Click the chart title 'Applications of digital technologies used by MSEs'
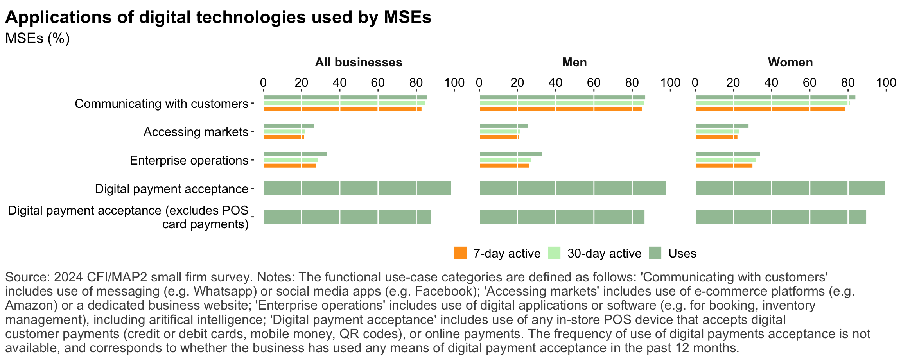(x=218, y=17)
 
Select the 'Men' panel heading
(x=574, y=63)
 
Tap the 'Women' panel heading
(x=790, y=63)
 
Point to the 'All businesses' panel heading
(x=359, y=63)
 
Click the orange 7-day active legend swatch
(x=460, y=253)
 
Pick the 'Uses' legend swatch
(x=655, y=253)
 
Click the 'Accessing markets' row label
(x=196, y=132)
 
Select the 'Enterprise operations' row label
(x=189, y=161)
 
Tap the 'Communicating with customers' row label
(x=162, y=104)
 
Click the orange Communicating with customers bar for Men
(x=560, y=109)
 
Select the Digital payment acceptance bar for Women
(x=790, y=188)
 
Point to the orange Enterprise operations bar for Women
(x=723, y=166)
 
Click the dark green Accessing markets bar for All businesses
(x=289, y=126)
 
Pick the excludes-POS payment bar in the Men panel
(x=562, y=217)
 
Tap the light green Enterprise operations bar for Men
(x=505, y=160)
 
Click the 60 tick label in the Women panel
(x=809, y=83)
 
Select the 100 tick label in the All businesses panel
(x=454, y=83)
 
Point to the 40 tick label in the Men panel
(x=555, y=83)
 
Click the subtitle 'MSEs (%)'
(x=38, y=38)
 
